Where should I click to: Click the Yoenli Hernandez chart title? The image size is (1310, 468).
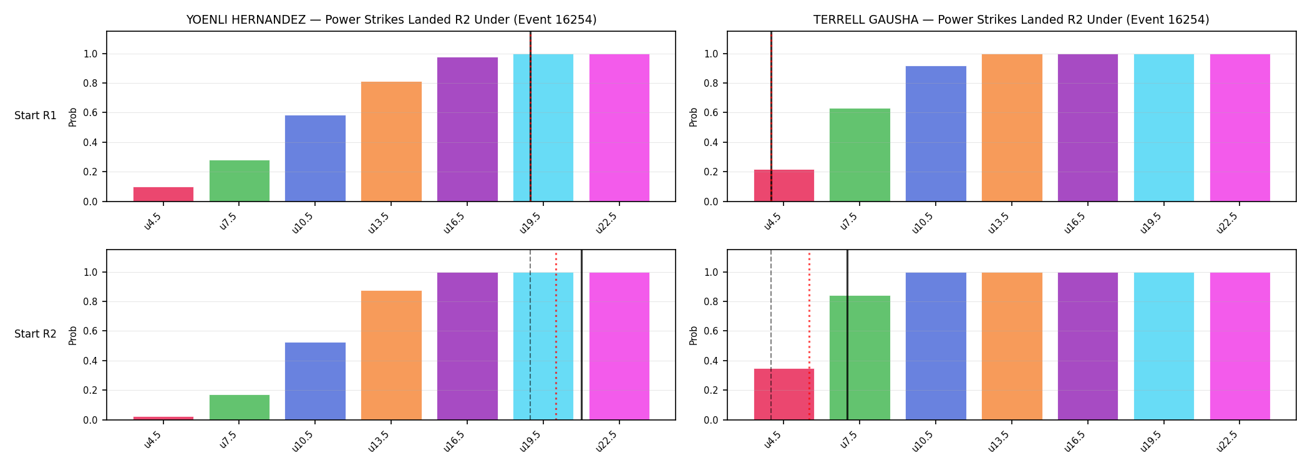(x=391, y=20)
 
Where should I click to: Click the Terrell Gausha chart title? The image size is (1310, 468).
(x=1011, y=20)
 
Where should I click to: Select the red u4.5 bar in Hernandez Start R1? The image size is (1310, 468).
(x=163, y=194)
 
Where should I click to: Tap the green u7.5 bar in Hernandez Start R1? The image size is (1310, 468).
(x=240, y=181)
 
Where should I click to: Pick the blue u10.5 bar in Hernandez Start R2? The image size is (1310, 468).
(x=315, y=381)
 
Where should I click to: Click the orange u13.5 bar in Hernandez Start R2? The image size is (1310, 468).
(x=391, y=355)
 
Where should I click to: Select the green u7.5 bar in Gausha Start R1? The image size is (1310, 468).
(x=860, y=155)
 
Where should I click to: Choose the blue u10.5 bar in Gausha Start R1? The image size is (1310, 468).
(x=936, y=134)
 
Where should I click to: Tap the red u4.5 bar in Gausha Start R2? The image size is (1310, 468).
(x=784, y=394)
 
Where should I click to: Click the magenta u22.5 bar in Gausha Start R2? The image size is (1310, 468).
(x=1240, y=346)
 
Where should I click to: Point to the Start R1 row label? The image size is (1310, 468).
(x=36, y=115)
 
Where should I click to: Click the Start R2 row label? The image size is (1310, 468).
(x=36, y=334)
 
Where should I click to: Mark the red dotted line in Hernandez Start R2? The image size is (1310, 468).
(x=556, y=335)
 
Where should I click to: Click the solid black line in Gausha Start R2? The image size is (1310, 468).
(x=847, y=335)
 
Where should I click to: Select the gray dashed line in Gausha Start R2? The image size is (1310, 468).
(x=771, y=335)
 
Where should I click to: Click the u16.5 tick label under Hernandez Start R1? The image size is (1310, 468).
(x=454, y=222)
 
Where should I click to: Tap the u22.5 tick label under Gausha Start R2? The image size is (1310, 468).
(x=1226, y=441)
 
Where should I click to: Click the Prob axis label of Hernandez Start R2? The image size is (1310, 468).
(x=73, y=335)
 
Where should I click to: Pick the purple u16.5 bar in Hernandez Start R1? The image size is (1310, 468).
(x=467, y=130)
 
